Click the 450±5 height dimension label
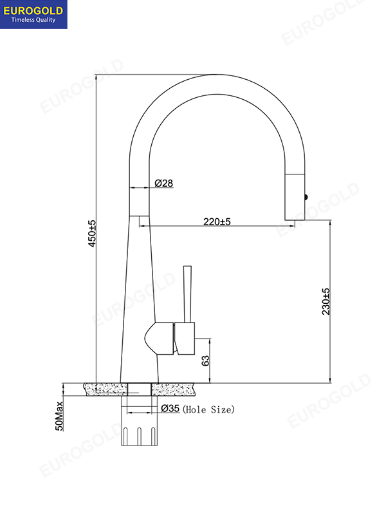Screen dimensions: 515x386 92,234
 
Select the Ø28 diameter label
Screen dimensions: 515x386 163,183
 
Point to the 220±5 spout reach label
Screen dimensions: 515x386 217,221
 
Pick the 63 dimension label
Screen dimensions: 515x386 206,360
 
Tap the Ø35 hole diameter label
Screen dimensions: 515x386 170,409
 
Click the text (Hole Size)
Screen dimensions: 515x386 209,409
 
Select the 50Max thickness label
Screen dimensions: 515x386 60,415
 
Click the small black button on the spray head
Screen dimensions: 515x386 307,198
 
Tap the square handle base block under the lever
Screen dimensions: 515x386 185,338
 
